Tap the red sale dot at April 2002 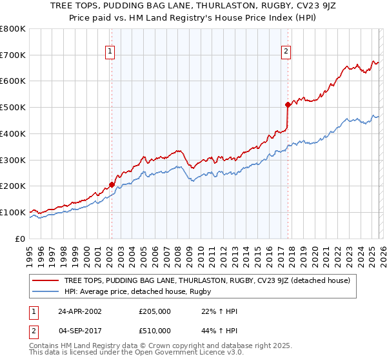pyautogui.click(x=112, y=184)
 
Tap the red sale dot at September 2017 pyautogui.click(x=287, y=104)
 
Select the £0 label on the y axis pyautogui.click(x=19, y=239)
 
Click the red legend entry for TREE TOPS pyautogui.click(x=207, y=280)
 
